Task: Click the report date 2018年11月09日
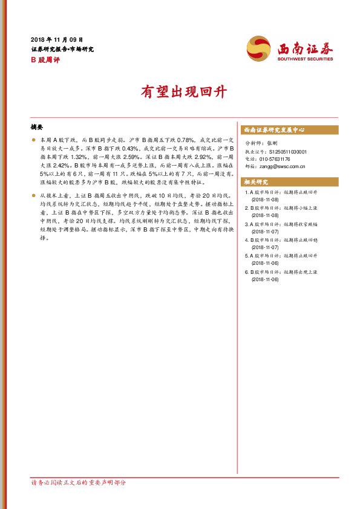(57, 39)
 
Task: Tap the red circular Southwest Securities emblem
(259, 48)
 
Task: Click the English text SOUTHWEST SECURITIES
(306, 59)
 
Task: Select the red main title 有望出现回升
(184, 92)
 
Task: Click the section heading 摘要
(37, 128)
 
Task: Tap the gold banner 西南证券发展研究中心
(273, 130)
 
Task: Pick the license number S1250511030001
(288, 152)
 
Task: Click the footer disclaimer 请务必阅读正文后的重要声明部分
(79, 482)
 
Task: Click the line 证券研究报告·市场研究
(62, 49)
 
